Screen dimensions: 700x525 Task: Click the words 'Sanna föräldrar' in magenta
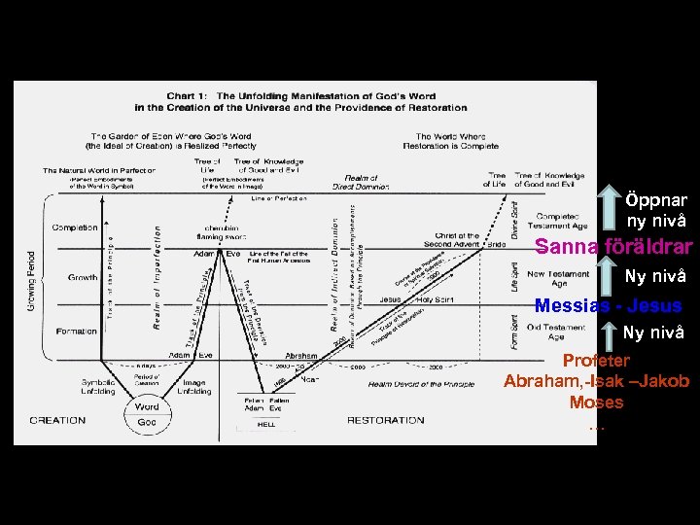[x=613, y=247]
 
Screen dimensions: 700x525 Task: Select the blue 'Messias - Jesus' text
[x=608, y=306]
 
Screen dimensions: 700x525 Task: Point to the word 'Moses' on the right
[x=596, y=402]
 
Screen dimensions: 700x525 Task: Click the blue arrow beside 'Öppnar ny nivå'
[x=607, y=208]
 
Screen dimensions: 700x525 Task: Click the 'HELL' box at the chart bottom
[x=265, y=424]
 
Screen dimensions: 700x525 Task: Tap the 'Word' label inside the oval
[x=147, y=407]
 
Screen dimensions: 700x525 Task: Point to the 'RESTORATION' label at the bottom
[x=385, y=420]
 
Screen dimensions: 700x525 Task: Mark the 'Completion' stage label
[x=75, y=227]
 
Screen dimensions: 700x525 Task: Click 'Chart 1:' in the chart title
[x=188, y=96]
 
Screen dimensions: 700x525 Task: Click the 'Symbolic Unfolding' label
[x=98, y=386]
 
